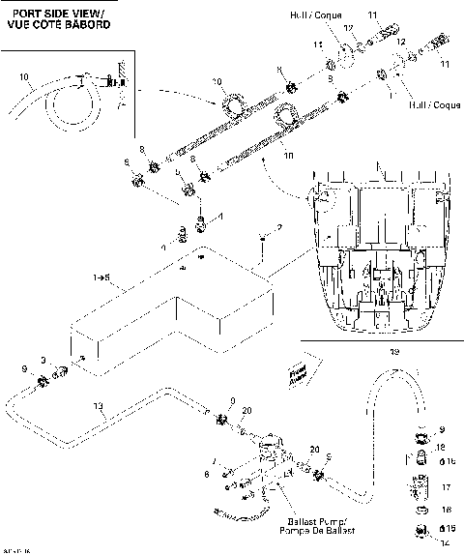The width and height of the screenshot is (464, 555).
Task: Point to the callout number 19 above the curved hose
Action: click(x=392, y=354)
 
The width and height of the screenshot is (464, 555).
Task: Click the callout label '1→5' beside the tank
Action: click(x=101, y=277)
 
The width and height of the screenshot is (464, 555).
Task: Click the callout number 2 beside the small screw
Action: click(x=279, y=227)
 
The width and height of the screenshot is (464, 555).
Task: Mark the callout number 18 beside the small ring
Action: click(x=446, y=508)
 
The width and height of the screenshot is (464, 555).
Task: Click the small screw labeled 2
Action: click(x=262, y=237)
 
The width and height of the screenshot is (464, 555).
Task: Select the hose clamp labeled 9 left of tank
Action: click(x=43, y=382)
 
